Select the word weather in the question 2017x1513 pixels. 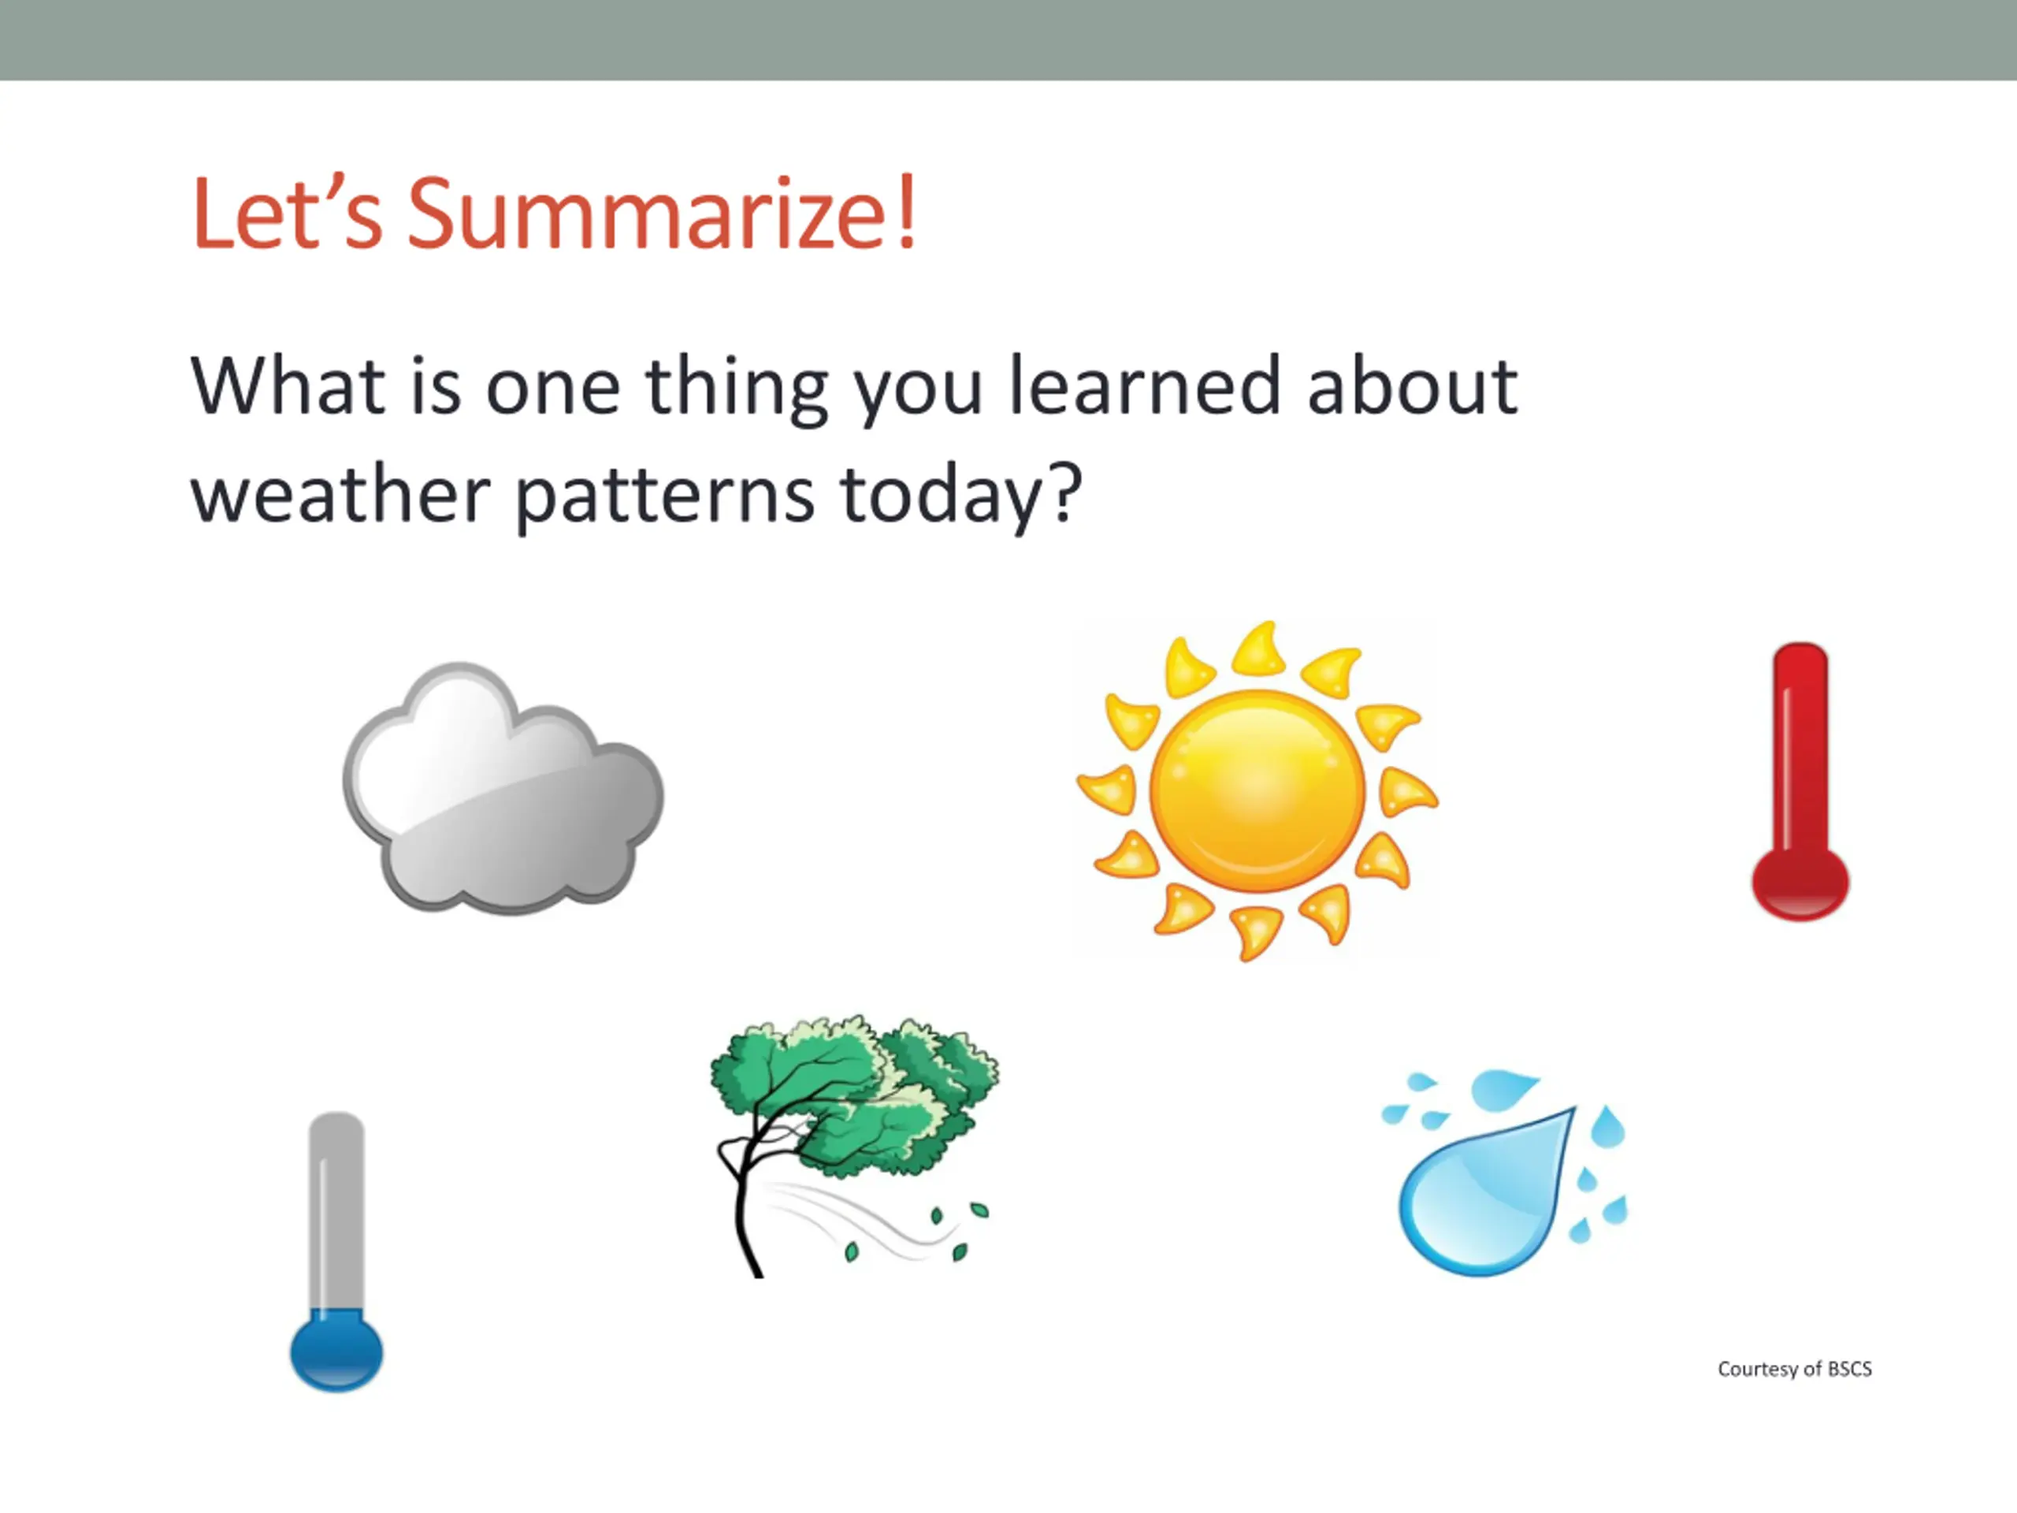click(340, 493)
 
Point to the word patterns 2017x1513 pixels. click(665, 496)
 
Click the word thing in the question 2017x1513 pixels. click(737, 389)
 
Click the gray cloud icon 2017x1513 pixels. click(503, 788)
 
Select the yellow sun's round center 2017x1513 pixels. click(1257, 790)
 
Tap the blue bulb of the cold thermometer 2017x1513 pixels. click(336, 1351)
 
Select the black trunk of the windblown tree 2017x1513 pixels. click(743, 1204)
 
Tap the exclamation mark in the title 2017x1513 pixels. click(906, 211)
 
